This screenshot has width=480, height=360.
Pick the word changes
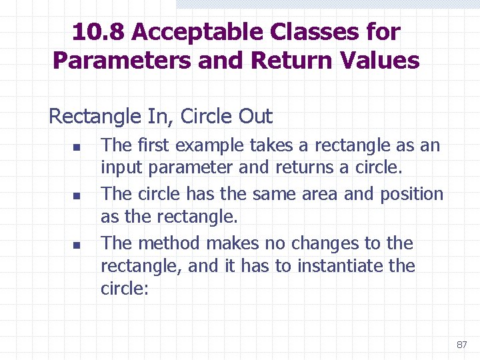tap(331, 244)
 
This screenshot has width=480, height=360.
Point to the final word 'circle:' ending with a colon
tap(123, 289)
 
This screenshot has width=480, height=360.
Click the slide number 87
tap(461, 345)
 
